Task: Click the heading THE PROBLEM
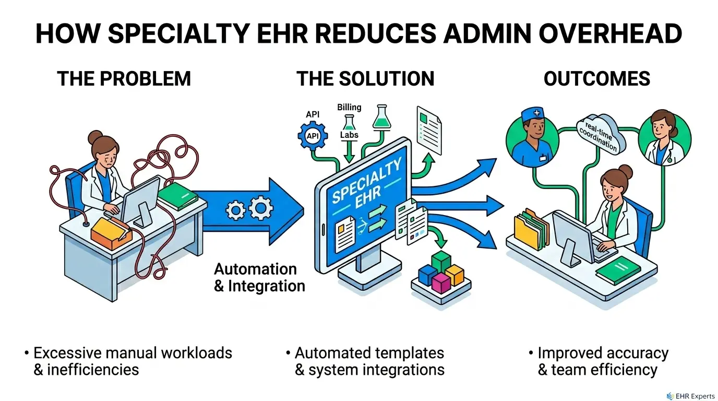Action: coord(124,79)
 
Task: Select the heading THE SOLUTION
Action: coord(365,79)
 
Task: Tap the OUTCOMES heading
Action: coord(597,79)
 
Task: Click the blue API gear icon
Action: coord(313,136)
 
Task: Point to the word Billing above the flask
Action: coord(349,107)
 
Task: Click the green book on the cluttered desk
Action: coord(177,196)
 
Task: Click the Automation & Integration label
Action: coord(259,278)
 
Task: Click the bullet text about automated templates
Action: coord(369,361)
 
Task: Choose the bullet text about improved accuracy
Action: coord(602,361)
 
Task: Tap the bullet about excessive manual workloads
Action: coord(133,361)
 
